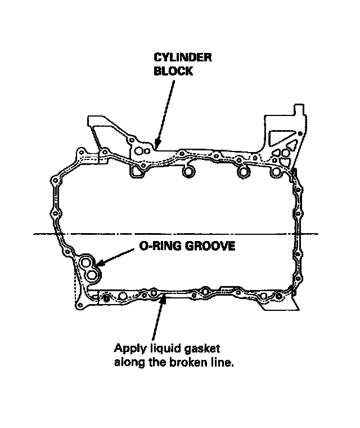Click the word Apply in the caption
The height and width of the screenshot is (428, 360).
[x=127, y=348]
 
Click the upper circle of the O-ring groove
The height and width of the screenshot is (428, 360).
[x=87, y=263]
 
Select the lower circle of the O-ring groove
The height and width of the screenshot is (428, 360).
[x=92, y=275]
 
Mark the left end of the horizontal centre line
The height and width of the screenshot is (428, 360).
[x=35, y=234]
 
